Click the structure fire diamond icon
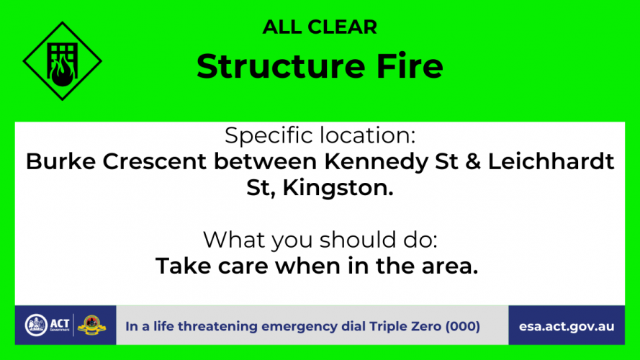63,61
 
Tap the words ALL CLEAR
320,27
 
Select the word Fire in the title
410,66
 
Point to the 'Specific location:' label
320,135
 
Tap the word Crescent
154,161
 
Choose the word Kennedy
376,162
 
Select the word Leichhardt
551,161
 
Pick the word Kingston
338,188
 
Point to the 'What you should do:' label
320,240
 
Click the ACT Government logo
48,325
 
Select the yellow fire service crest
92,325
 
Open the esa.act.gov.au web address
567,327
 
